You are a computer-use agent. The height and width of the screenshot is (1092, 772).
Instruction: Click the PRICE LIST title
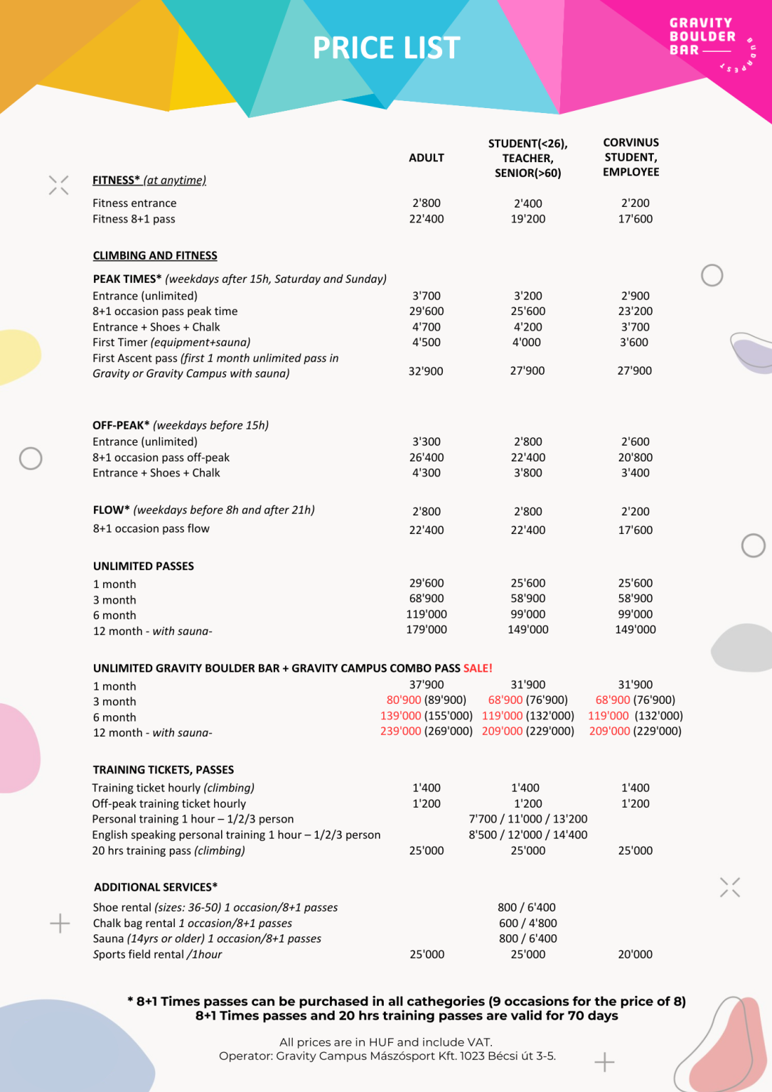click(x=386, y=48)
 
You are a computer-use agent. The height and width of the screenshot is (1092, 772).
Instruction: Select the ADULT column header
click(x=426, y=158)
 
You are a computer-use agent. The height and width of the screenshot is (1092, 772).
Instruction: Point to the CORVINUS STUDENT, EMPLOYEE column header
click(x=631, y=157)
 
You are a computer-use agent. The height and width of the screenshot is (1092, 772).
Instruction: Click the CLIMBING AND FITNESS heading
click(x=155, y=255)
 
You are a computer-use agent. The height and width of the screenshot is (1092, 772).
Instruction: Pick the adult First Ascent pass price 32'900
click(x=426, y=370)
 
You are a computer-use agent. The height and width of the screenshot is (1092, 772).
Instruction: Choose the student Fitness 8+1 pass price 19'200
click(x=527, y=219)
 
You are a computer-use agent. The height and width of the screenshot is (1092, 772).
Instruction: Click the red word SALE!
click(x=478, y=668)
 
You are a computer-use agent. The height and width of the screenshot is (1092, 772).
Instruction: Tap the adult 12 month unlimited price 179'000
click(x=427, y=629)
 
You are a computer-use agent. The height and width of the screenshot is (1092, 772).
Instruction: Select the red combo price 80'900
click(x=404, y=700)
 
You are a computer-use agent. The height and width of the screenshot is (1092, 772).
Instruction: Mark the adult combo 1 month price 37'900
click(x=427, y=685)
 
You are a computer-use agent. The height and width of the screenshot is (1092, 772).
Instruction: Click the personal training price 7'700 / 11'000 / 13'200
click(x=527, y=819)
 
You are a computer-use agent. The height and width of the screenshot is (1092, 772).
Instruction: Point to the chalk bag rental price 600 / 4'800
click(x=527, y=923)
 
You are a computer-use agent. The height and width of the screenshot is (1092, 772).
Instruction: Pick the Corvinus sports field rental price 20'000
click(x=635, y=954)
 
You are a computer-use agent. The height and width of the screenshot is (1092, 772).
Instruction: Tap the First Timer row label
click(x=171, y=342)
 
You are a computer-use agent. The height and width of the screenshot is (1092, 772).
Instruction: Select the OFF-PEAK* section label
click(x=121, y=425)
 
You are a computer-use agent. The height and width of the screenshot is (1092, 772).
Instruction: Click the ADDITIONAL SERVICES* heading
click(x=156, y=887)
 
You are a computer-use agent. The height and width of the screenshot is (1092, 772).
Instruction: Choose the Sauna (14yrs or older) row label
click(x=207, y=938)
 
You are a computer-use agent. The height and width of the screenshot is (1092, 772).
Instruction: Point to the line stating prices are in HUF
click(x=385, y=1042)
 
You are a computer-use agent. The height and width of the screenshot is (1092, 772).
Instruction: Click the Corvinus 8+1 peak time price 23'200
click(x=635, y=311)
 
